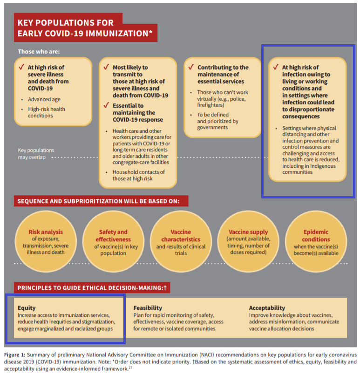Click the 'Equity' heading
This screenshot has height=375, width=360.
[x=27, y=308]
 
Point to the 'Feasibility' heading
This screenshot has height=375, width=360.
[x=148, y=308]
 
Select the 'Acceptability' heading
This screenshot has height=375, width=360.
[x=267, y=308]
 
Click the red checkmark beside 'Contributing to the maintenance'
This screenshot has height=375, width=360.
[x=191, y=68]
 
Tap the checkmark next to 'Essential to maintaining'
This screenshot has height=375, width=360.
[x=106, y=106]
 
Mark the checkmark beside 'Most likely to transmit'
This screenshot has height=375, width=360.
[x=106, y=68]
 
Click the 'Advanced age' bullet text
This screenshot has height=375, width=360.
[x=44, y=99]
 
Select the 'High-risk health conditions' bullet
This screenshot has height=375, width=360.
[x=47, y=112]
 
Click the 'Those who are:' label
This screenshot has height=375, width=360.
[x=39, y=51]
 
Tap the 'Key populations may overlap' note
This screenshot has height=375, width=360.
[x=36, y=153]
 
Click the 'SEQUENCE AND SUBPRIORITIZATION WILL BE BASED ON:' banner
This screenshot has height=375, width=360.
[x=101, y=201]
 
